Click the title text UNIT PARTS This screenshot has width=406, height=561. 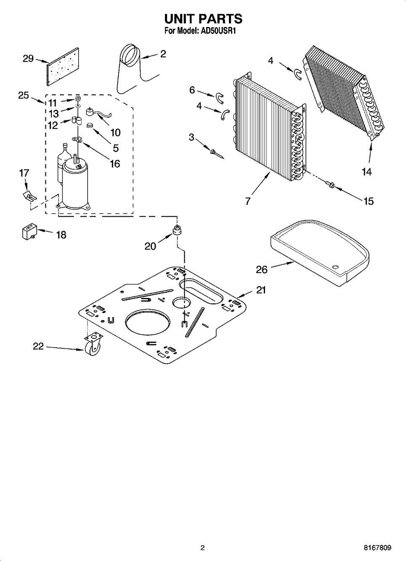pyautogui.click(x=203, y=19)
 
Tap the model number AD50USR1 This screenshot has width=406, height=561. pyautogui.click(x=217, y=31)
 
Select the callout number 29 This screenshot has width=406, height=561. pyautogui.click(x=28, y=58)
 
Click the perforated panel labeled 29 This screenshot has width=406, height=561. pyautogui.click(x=63, y=66)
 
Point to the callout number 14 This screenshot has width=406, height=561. pyautogui.click(x=367, y=172)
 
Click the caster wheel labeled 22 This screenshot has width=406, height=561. pyautogui.click(x=93, y=345)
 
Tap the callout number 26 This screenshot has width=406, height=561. pyautogui.click(x=262, y=270)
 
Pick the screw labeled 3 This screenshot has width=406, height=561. pyautogui.click(x=217, y=154)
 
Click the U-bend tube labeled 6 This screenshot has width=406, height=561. pyautogui.click(x=220, y=98)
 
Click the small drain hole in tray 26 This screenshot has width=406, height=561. pyautogui.click(x=336, y=267)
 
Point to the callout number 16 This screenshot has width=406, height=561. pyautogui.click(x=115, y=164)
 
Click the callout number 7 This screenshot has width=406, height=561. pyautogui.click(x=247, y=201)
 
